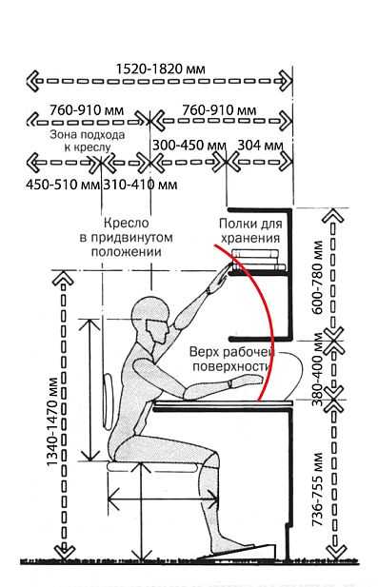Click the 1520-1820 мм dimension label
160,69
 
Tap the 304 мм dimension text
260,146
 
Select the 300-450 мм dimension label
189,146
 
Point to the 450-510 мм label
63,185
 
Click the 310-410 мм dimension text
140,185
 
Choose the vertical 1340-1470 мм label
52,421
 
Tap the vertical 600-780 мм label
317,278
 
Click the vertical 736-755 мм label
318,489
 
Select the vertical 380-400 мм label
318,369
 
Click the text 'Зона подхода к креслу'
88,141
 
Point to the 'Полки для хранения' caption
250,231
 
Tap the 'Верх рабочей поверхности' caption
232,360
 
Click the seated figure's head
150,319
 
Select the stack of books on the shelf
258,260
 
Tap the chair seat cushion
153,466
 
